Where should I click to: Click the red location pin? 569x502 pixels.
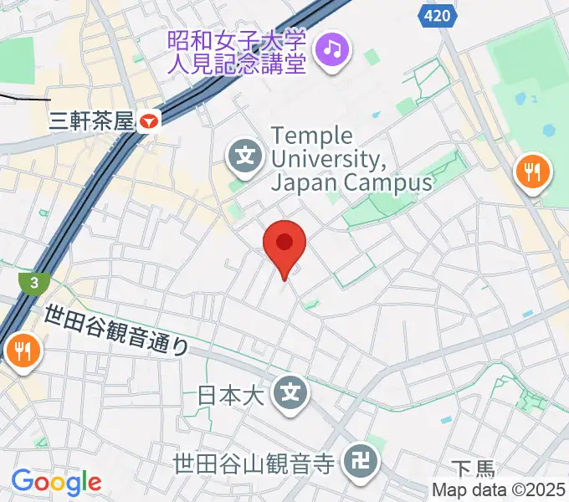(x=284, y=244)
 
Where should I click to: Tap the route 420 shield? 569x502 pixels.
(x=435, y=14)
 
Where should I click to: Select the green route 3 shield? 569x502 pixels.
(x=33, y=283)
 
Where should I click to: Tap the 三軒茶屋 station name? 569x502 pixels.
(x=93, y=121)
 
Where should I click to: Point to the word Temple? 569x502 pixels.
(x=314, y=136)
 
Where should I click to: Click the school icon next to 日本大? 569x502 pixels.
(x=291, y=391)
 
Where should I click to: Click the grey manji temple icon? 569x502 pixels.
(x=362, y=460)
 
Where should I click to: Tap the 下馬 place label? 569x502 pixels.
(x=474, y=470)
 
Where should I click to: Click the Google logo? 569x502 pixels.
(x=56, y=482)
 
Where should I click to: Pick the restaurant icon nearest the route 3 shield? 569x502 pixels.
(x=23, y=351)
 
